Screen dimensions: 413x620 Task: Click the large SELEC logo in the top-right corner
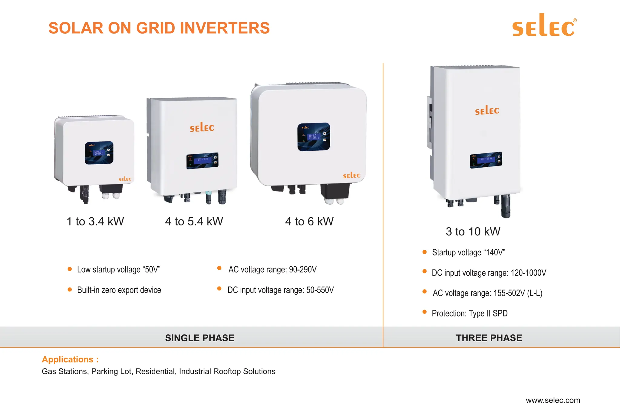pyautogui.click(x=544, y=26)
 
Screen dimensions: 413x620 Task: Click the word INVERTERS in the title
pyautogui.click(x=225, y=28)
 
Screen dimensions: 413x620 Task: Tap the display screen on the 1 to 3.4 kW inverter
pyautogui.click(x=99, y=152)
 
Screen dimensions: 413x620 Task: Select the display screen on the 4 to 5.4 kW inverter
pyautogui.click(x=202, y=160)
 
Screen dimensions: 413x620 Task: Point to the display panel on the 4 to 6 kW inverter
pyautogui.click(x=314, y=137)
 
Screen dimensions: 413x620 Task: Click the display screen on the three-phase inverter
pyautogui.click(x=486, y=160)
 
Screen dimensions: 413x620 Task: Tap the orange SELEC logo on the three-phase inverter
pyautogui.click(x=487, y=110)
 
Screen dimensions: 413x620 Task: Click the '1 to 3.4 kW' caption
pyautogui.click(x=95, y=221)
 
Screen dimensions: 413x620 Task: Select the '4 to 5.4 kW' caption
pyautogui.click(x=194, y=221)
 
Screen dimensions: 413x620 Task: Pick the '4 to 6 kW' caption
pyautogui.click(x=309, y=221)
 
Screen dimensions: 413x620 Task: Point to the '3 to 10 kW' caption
pyautogui.click(x=473, y=231)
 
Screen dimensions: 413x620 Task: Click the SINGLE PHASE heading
pyautogui.click(x=200, y=338)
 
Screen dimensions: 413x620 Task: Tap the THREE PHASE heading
pyautogui.click(x=489, y=338)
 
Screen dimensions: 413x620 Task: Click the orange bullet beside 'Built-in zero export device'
pyautogui.click(x=70, y=290)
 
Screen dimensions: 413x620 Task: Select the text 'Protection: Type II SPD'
pyautogui.click(x=470, y=313)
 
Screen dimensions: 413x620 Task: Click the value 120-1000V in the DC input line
pyautogui.click(x=528, y=273)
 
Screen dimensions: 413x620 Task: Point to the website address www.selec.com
pyautogui.click(x=553, y=400)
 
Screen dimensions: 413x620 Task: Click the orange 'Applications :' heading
pyautogui.click(x=70, y=359)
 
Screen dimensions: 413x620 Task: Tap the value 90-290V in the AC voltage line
pyautogui.click(x=303, y=269)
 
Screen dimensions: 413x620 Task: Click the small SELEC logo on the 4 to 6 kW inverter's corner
pyautogui.click(x=351, y=175)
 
